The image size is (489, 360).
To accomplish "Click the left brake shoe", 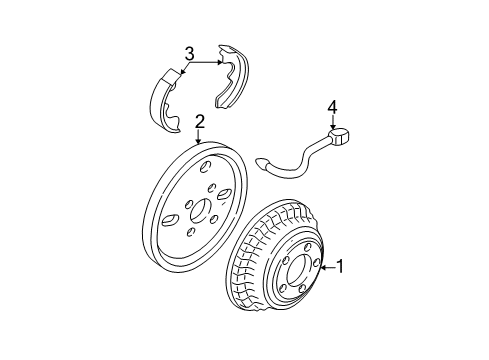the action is coord(163,97).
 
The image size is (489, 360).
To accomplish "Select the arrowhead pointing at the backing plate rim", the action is coord(200,143).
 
